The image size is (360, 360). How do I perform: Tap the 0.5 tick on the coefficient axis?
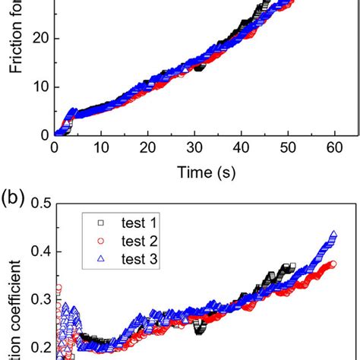tap(37, 204)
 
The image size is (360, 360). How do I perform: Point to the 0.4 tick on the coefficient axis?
tap(37, 252)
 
